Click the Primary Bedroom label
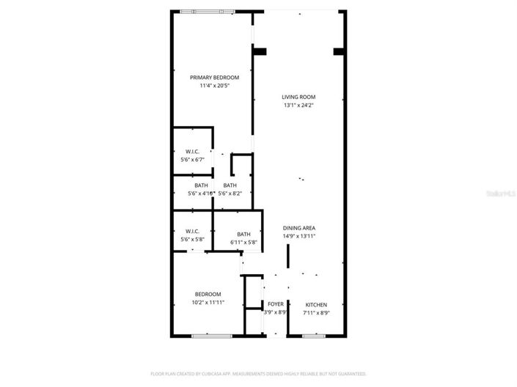pyautogui.click(x=214, y=77)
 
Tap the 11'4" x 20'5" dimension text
pyautogui.click(x=214, y=86)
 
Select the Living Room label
pyautogui.click(x=298, y=97)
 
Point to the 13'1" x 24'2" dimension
pyautogui.click(x=298, y=106)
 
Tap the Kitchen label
pyautogui.click(x=316, y=304)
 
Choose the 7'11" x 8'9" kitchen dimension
pyautogui.click(x=316, y=313)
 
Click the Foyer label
pyautogui.click(x=275, y=304)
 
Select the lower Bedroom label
pyautogui.click(x=208, y=294)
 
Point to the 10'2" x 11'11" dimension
pyautogui.click(x=208, y=303)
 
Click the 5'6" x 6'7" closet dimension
pyautogui.click(x=192, y=159)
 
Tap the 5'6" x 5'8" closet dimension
pyautogui.click(x=192, y=240)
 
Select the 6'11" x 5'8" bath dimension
pyautogui.click(x=243, y=242)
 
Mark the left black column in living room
pyautogui.click(x=260, y=51)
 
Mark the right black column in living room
pyautogui.click(x=339, y=51)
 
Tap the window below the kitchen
pyautogui.click(x=314, y=336)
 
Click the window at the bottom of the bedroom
pyautogui.click(x=208, y=336)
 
